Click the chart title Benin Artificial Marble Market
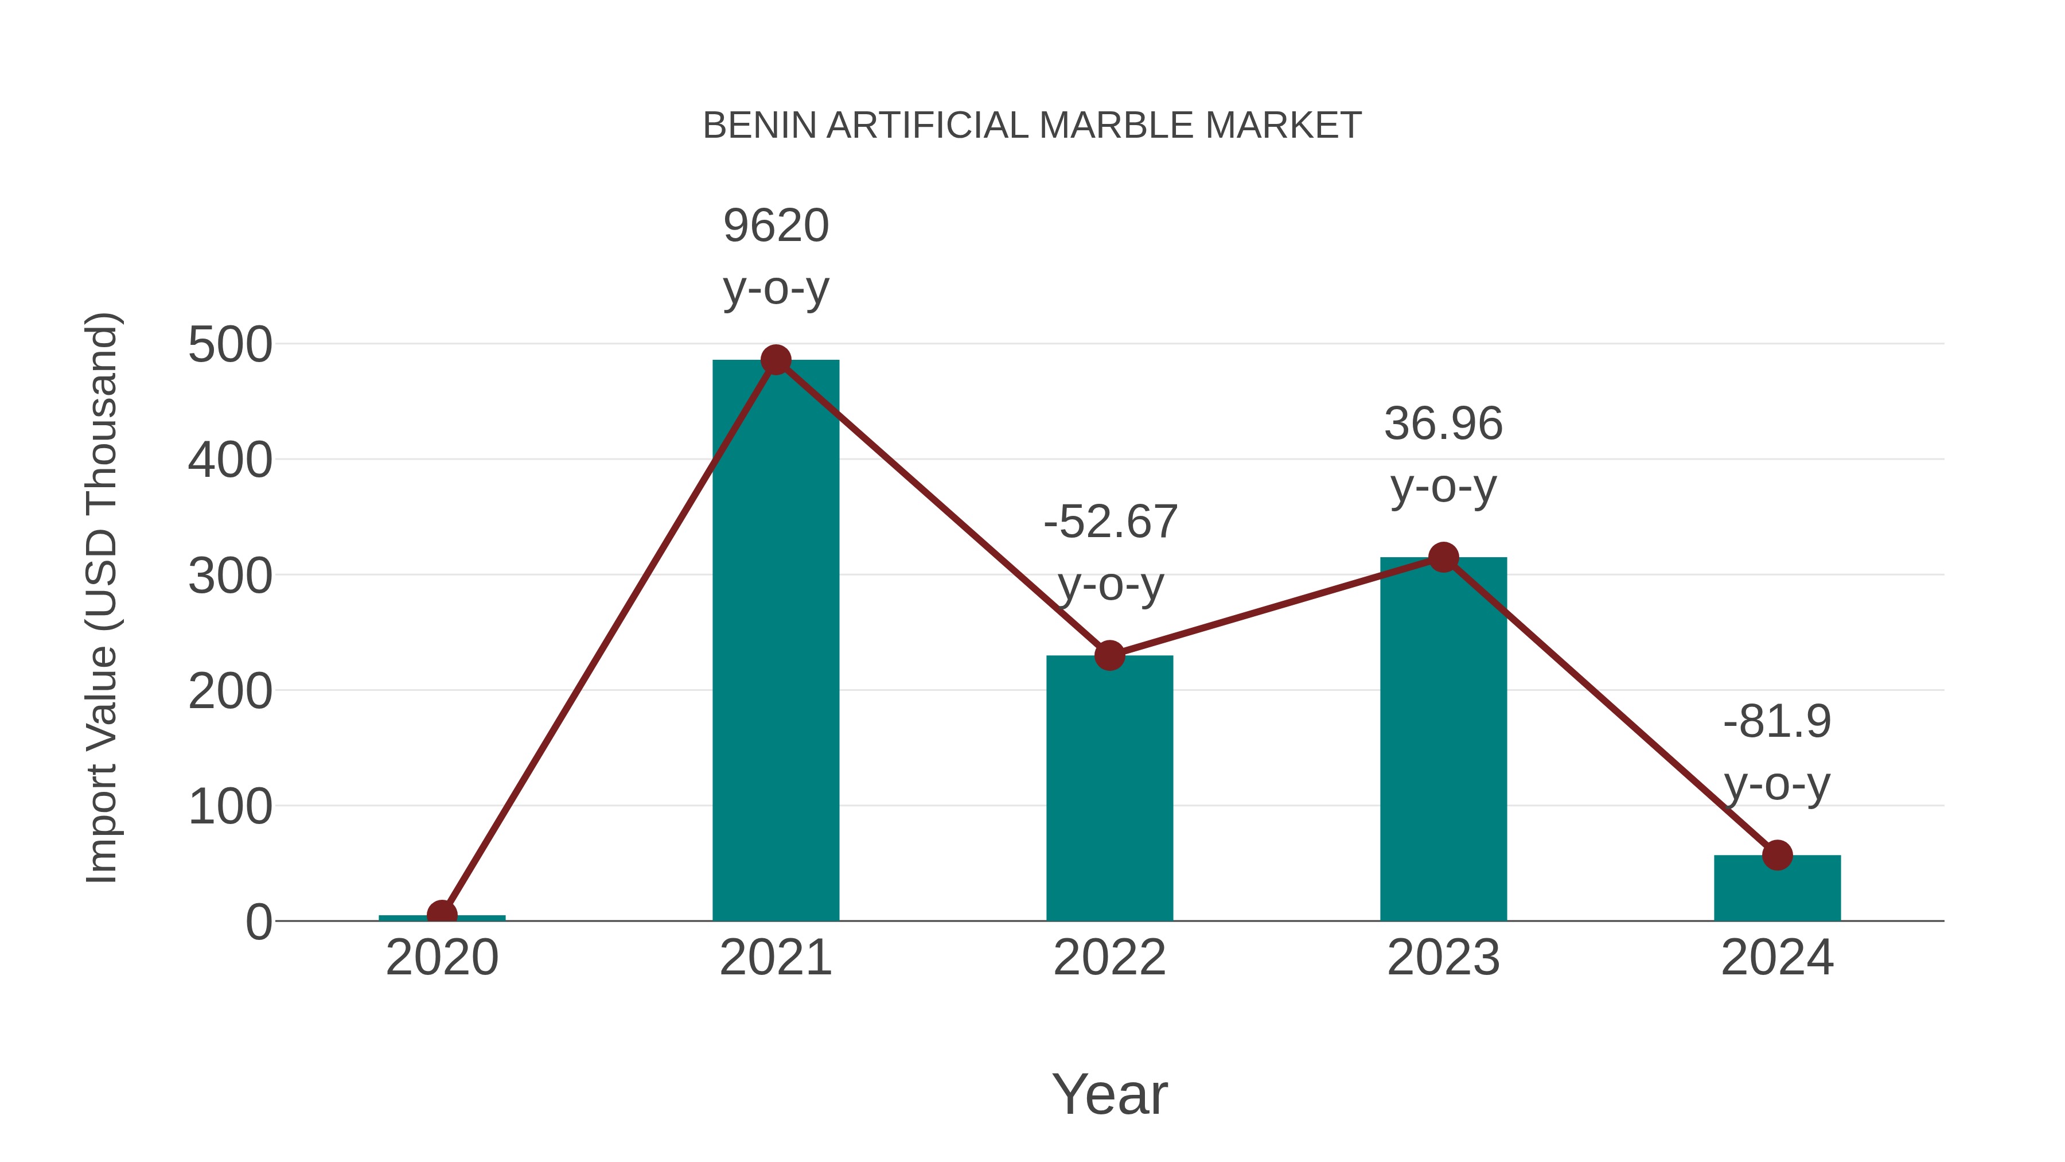coord(1032,126)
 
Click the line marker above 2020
coord(442,914)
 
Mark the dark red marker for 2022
coord(1109,656)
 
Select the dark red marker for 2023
coord(1443,557)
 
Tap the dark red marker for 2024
coord(1777,856)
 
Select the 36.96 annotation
coord(1443,424)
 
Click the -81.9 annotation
coord(1777,722)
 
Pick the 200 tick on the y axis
coord(230,692)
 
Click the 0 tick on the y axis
coord(258,922)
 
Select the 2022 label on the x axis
coord(1109,958)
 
